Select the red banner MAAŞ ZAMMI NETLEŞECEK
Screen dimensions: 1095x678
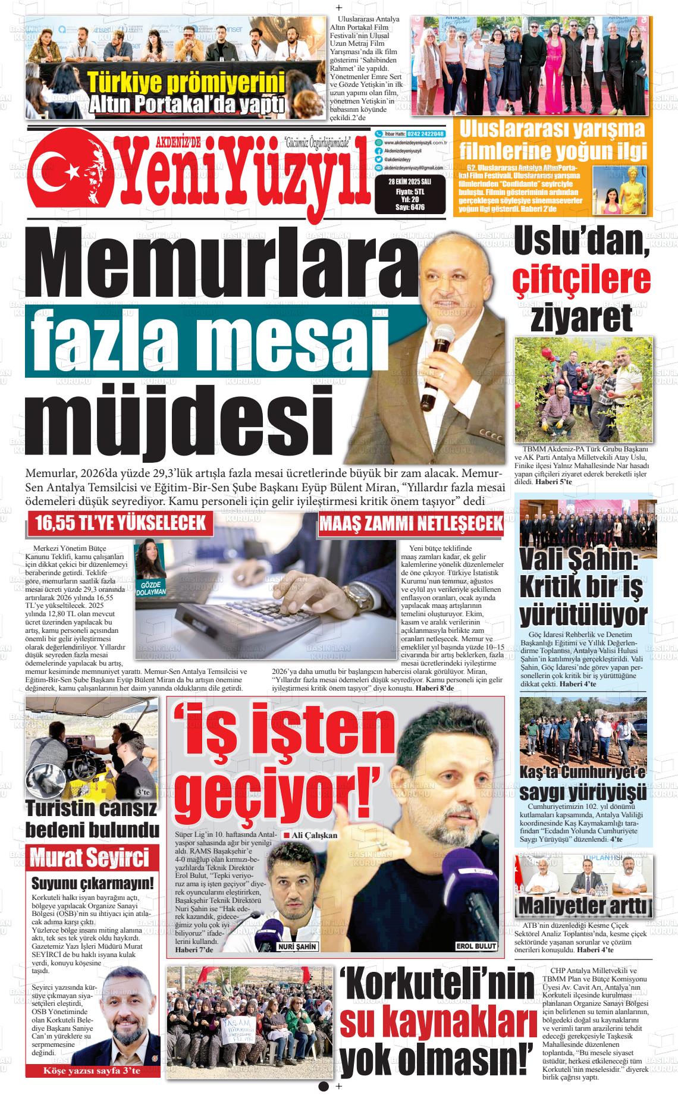tap(411, 525)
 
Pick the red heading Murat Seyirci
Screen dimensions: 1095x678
tap(89, 859)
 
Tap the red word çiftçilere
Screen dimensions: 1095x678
tap(582, 280)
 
